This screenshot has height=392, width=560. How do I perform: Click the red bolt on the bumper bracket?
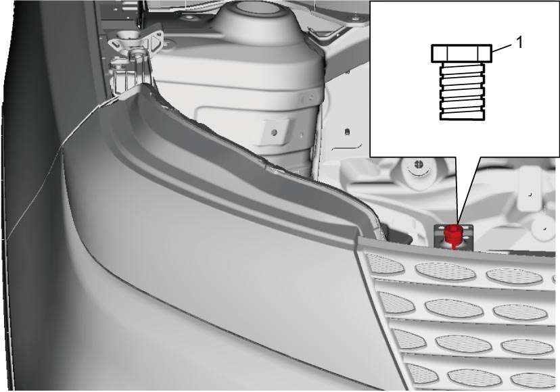pos(453,235)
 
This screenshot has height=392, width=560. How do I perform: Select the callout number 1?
pos(519,43)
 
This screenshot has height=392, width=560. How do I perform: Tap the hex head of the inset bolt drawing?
pos(462,53)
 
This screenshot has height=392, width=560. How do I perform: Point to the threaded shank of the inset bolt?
pos(463,91)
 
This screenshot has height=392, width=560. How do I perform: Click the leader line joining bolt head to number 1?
pos(503,48)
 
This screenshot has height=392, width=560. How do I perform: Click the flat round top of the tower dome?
pos(258,7)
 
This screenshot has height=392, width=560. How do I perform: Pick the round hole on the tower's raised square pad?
pos(274,132)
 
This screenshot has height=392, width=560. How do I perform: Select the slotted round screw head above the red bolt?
pos(417,165)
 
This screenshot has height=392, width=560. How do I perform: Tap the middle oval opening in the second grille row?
pos(454,310)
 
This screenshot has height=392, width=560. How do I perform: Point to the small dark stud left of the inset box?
pos(347,132)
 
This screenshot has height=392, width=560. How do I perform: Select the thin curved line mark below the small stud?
pos(347,147)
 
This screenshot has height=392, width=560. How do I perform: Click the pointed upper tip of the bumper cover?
pos(144,84)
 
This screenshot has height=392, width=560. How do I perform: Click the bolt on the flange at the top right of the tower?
pos(354,18)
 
